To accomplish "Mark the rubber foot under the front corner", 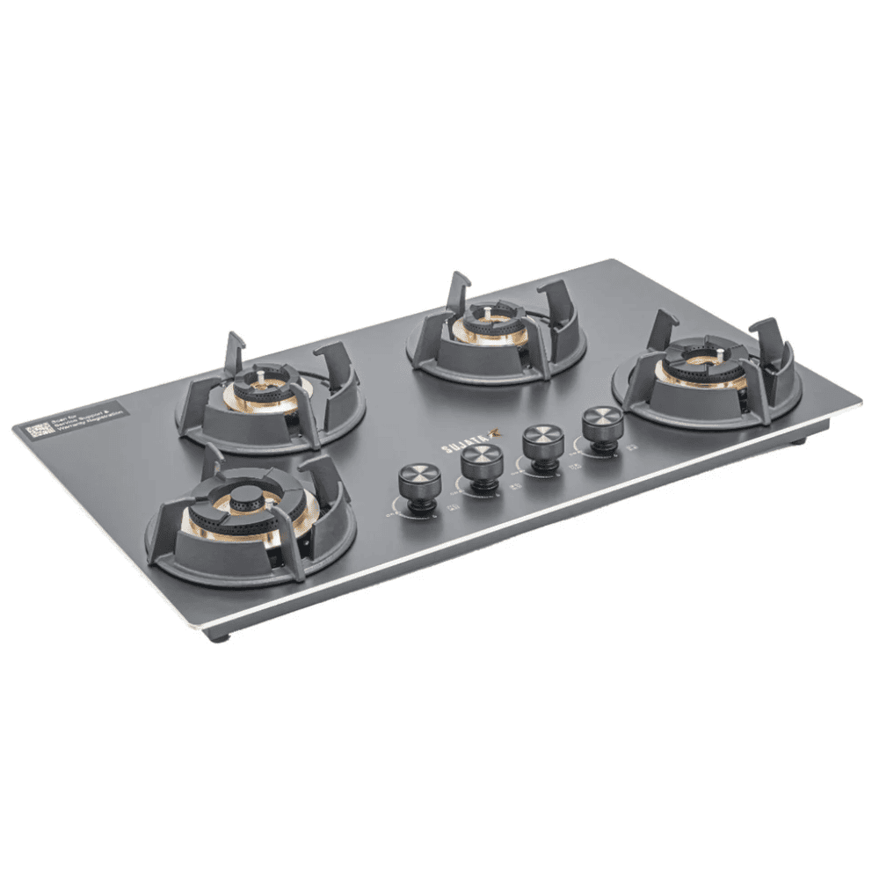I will tap(220, 636).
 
